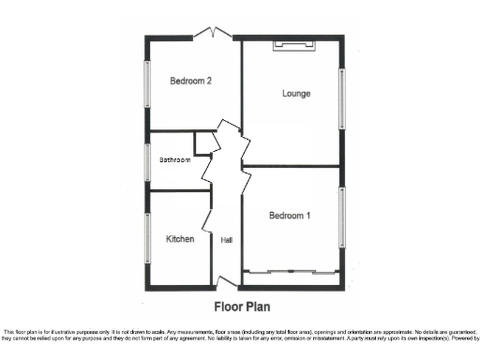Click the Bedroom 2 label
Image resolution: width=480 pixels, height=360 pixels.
click(190, 82)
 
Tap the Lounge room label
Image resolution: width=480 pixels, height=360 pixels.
click(296, 93)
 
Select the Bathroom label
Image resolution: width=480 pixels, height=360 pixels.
click(174, 160)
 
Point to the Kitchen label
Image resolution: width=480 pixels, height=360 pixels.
click(180, 239)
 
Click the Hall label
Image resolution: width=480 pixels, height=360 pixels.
click(226, 240)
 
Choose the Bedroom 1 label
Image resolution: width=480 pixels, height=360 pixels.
click(290, 217)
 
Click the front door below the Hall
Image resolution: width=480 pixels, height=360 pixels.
click(225, 281)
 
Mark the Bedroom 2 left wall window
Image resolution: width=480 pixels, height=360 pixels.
click(146, 85)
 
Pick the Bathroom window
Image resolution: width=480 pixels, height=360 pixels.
click(146, 160)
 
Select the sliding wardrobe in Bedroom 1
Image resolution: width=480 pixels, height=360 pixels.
click(291, 272)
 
